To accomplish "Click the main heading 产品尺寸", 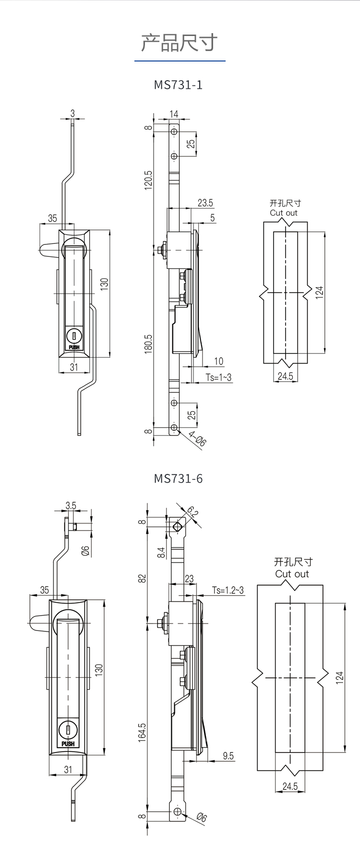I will pyautogui.click(x=180, y=43).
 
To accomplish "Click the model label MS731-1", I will pyautogui.click(x=178, y=85).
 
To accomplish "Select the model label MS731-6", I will pyautogui.click(x=178, y=479).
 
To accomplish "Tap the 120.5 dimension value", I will pyautogui.click(x=148, y=180).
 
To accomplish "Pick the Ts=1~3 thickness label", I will pyautogui.click(x=218, y=377).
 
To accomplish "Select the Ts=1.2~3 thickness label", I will pyautogui.click(x=228, y=590).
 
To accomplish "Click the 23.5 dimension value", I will pyautogui.click(x=205, y=203).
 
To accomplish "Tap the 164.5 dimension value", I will pyautogui.click(x=142, y=733).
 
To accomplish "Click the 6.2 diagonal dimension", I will pyautogui.click(x=192, y=512).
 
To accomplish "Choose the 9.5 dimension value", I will pyautogui.click(x=228, y=756).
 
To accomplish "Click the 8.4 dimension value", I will pyautogui.click(x=162, y=553).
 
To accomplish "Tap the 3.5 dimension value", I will pyautogui.click(x=71, y=506).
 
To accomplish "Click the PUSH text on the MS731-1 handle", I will pyautogui.click(x=74, y=347).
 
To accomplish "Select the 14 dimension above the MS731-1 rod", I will pyautogui.click(x=174, y=114).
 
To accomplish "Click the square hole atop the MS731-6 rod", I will pyautogui.click(x=178, y=526).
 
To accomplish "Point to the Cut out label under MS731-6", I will pyautogui.click(x=292, y=574).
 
